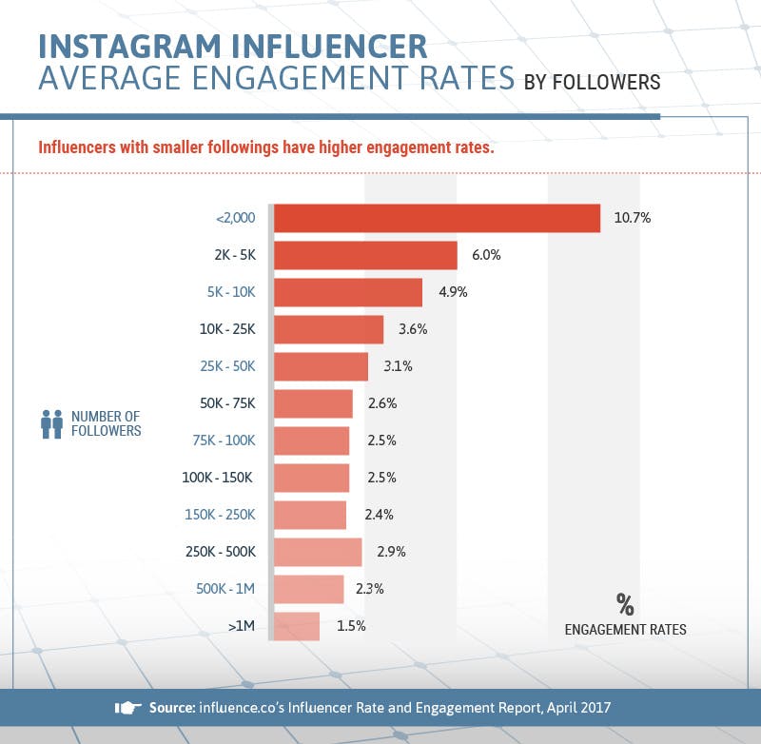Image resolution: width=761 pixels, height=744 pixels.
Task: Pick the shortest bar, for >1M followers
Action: pyautogui.click(x=297, y=626)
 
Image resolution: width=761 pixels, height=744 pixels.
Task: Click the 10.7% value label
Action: pyautogui.click(x=632, y=218)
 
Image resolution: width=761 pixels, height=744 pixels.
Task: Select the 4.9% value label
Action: pyautogui.click(x=453, y=292)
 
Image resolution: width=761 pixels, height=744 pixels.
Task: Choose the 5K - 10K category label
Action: pyautogui.click(x=231, y=292)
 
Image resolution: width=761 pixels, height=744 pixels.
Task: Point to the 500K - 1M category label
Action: pyautogui.click(x=226, y=589)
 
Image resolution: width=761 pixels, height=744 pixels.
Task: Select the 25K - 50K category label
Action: pyautogui.click(x=228, y=366)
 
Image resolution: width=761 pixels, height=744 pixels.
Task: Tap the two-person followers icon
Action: pyautogui.click(x=51, y=423)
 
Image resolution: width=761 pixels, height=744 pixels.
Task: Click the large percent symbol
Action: pyautogui.click(x=624, y=604)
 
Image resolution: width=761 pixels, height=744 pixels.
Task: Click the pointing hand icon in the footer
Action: pyautogui.click(x=127, y=708)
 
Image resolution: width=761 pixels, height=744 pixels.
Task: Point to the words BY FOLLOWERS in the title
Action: pyautogui.click(x=592, y=83)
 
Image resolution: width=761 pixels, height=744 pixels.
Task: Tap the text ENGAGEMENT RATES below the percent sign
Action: pyautogui.click(x=625, y=630)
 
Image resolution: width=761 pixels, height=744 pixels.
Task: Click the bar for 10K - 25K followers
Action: pyautogui.click(x=329, y=329)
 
